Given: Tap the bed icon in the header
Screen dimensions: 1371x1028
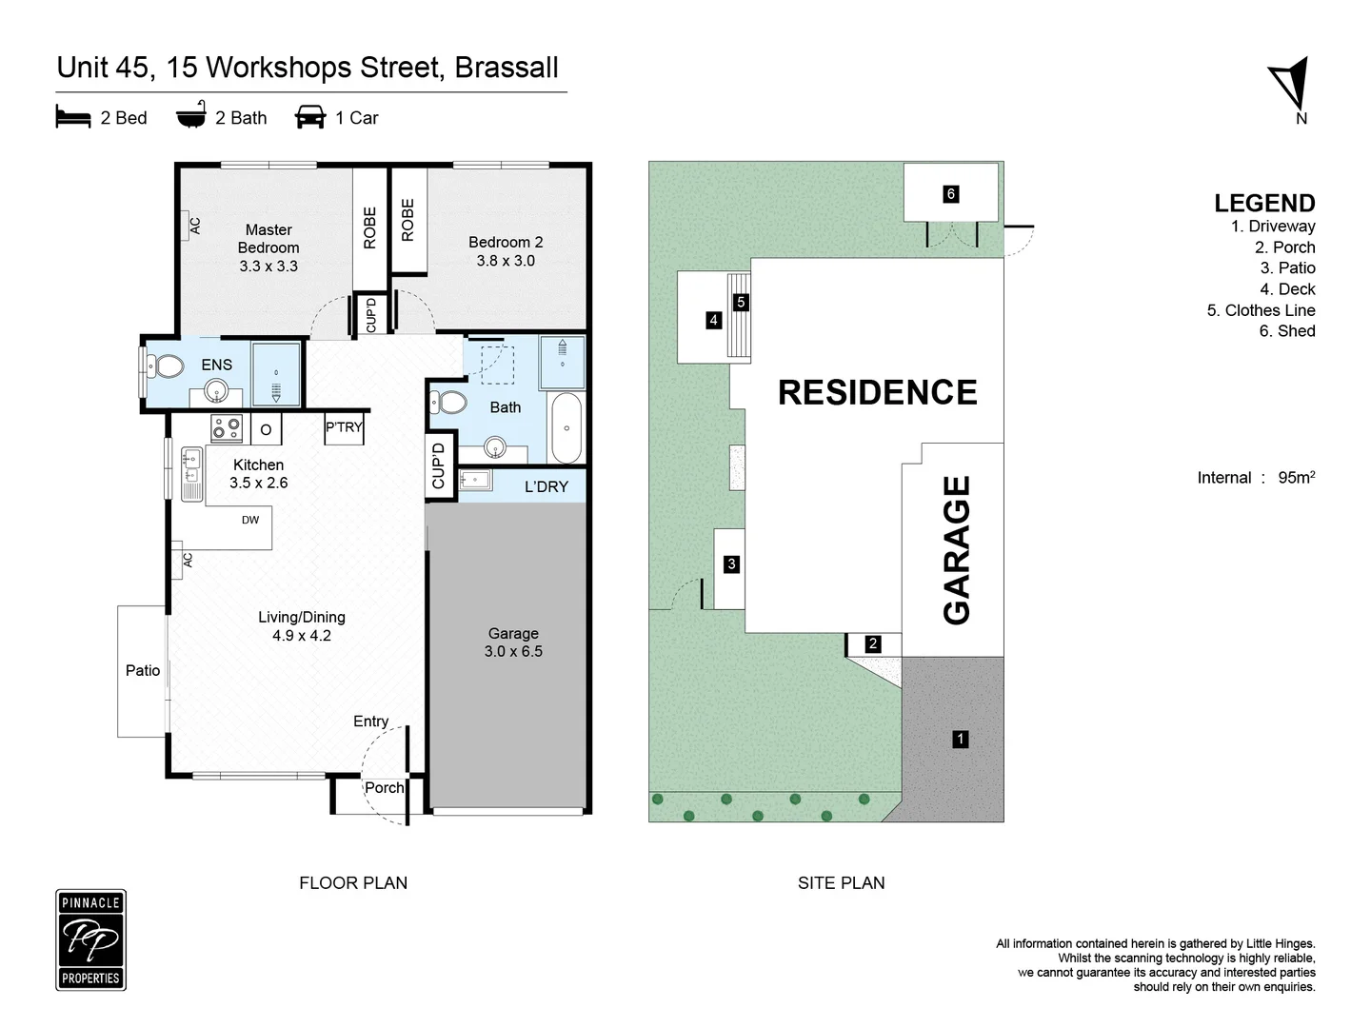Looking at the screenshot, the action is [73, 117].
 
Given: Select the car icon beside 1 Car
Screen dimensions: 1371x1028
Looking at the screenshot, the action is [310, 117].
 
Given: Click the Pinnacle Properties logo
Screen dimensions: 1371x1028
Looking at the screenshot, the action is [90, 939].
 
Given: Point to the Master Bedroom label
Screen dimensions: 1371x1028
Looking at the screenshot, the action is [268, 238].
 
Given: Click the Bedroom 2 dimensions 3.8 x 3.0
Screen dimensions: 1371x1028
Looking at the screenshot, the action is [506, 260].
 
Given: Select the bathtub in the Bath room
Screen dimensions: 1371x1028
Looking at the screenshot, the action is [565, 427].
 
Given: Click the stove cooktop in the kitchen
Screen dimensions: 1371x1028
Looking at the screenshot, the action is [227, 428].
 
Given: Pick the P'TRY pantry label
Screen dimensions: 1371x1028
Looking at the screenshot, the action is [344, 427].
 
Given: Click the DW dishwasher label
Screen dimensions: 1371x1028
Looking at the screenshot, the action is [250, 520].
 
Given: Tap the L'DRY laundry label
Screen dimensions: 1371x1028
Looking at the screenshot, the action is [546, 486].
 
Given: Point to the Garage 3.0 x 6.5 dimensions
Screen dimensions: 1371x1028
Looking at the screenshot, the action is [513, 651].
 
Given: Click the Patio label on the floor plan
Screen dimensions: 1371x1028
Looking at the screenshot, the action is [143, 670].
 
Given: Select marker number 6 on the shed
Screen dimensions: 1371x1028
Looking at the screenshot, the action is [950, 194].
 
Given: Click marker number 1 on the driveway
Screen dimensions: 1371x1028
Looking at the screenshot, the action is [961, 739].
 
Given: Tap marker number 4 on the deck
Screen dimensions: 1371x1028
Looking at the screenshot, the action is [713, 320].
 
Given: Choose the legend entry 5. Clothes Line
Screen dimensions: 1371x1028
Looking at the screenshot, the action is [1261, 310].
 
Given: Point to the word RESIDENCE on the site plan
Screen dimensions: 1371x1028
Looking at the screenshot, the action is [877, 392].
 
